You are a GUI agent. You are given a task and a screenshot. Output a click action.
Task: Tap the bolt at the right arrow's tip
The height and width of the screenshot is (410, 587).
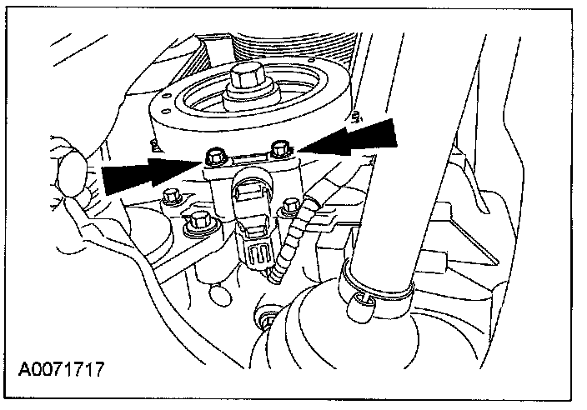point(281,150)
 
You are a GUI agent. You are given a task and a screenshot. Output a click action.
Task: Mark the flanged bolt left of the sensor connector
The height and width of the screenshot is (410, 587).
point(198,222)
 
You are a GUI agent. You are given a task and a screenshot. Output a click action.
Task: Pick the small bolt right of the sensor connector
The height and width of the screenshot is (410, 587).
point(291,205)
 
